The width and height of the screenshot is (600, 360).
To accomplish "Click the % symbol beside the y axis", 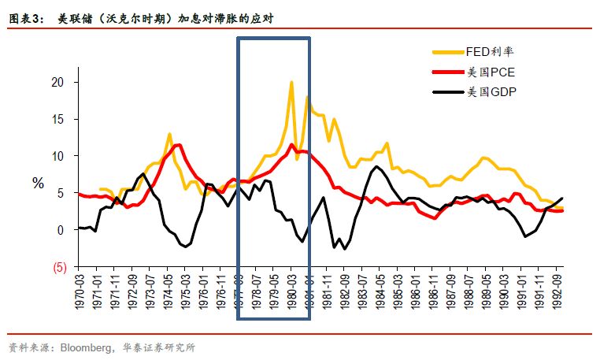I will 38,183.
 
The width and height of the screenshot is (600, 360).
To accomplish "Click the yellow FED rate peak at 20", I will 291,83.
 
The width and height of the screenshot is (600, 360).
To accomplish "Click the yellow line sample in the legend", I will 449,52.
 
